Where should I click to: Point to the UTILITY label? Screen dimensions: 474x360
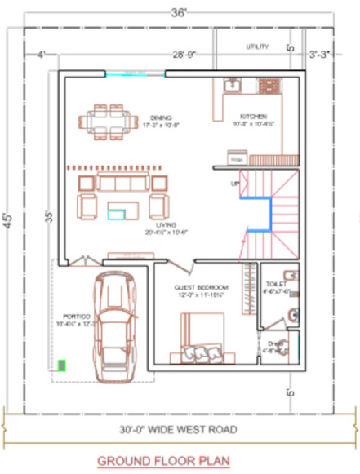tap(257, 47)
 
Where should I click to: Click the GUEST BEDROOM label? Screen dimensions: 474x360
tap(201, 288)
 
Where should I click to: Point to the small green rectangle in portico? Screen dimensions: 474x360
tap(61, 365)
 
